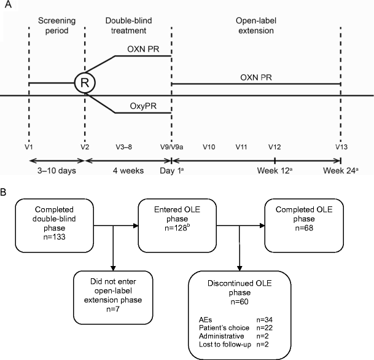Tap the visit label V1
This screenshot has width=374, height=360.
point(28,147)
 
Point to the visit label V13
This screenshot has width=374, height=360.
point(340,147)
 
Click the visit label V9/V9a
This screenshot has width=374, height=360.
point(171,147)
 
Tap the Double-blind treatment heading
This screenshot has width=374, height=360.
point(127,26)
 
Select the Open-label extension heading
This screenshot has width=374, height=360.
point(255,26)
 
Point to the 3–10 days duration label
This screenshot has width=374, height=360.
point(56,170)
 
